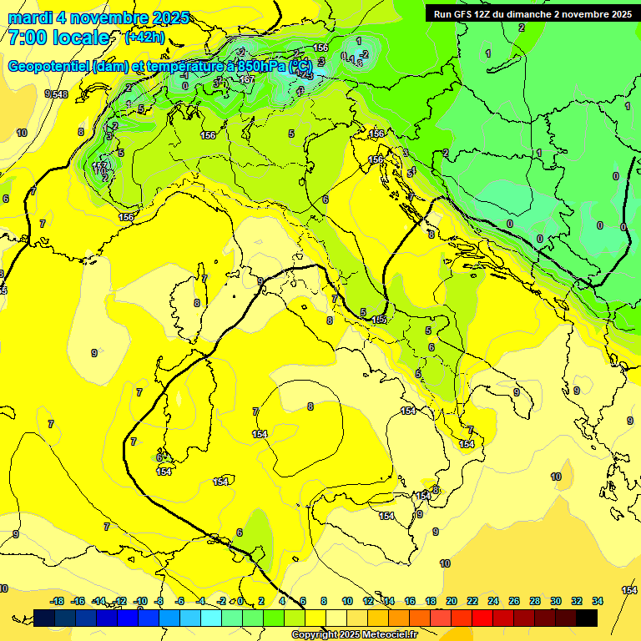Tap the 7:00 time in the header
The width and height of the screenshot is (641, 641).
[x=26, y=38]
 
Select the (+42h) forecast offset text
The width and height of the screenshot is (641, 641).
[x=144, y=38]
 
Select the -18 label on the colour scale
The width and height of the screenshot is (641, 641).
[x=58, y=601]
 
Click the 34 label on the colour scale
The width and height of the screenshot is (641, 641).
[x=598, y=601]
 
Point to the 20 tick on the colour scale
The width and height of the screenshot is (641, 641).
[x=452, y=601]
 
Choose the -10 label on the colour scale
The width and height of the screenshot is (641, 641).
[x=140, y=601]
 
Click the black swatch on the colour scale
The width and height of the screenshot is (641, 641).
[x=587, y=618]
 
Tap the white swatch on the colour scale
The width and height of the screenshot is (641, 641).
[x=336, y=618]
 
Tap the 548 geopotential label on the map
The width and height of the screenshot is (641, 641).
[x=58, y=94]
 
